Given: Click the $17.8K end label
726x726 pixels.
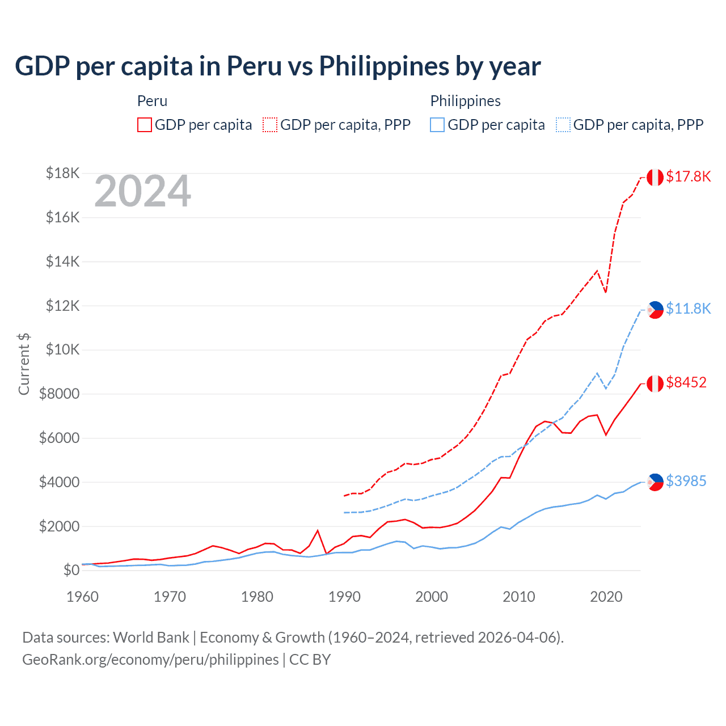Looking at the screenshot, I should pos(688,176).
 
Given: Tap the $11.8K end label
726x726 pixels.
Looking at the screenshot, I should pos(688,309).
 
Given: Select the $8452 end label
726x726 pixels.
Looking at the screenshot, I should pos(686,382).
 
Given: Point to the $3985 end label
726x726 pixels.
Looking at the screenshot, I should pos(686,481).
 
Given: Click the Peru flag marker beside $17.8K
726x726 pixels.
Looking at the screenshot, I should pos(655,177).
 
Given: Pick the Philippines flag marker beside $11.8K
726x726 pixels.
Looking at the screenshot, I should pos(655,310).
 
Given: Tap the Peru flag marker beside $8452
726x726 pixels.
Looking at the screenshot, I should pos(655,383).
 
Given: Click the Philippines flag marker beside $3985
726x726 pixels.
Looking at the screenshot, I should pos(655,482).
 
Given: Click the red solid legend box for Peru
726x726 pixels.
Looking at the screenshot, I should pos(145,125).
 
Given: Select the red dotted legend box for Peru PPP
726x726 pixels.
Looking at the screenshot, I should pos(270,125).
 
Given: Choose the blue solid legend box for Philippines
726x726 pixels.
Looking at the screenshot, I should pos(437,125).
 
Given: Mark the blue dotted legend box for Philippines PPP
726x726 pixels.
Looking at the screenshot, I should pos(563,125).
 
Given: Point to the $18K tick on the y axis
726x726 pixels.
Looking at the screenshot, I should pos(63,173).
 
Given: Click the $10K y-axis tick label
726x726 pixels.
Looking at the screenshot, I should pos(63,349).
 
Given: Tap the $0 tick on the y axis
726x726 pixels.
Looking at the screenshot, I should pos(71,570).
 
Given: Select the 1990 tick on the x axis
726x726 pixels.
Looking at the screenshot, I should pos(344,597).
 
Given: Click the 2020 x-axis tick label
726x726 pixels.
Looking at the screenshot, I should pos(606,597).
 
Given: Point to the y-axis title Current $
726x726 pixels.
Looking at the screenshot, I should pos(24,364).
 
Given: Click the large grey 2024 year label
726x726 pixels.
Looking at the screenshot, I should pos(142,191).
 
